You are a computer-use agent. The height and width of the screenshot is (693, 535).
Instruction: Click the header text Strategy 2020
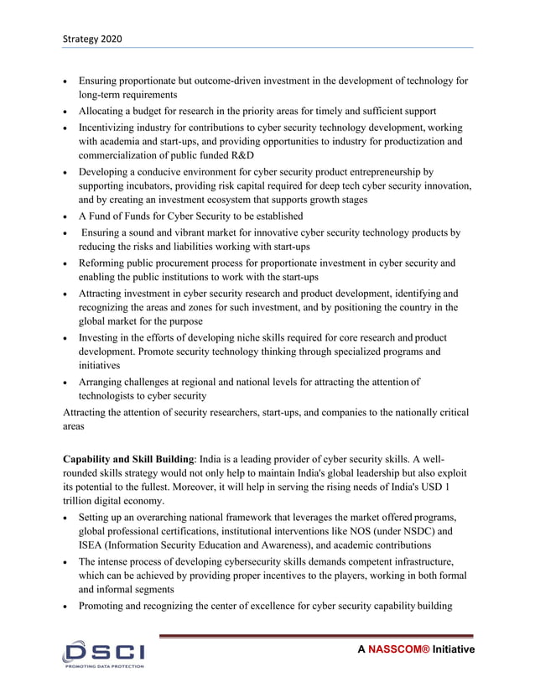[x=91, y=39]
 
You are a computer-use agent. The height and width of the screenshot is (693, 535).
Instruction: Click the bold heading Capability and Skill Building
[x=128, y=460]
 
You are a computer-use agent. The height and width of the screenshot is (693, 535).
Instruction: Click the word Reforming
[x=104, y=263]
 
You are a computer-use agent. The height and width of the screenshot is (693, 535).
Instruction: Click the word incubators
[x=152, y=185]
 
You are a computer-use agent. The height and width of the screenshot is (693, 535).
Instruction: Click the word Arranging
[x=104, y=381]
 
